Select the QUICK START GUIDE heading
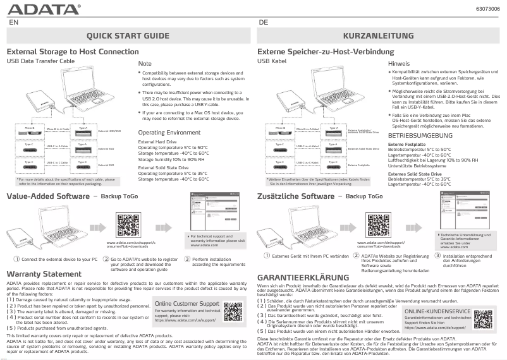point(127,36)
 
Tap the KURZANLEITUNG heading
point(378,36)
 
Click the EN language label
point(13,21)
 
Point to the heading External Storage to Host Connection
point(72,51)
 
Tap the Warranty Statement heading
point(44,274)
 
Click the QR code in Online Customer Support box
point(232,312)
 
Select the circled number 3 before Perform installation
point(187,258)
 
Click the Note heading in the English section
point(145,64)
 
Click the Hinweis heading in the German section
point(398,64)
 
